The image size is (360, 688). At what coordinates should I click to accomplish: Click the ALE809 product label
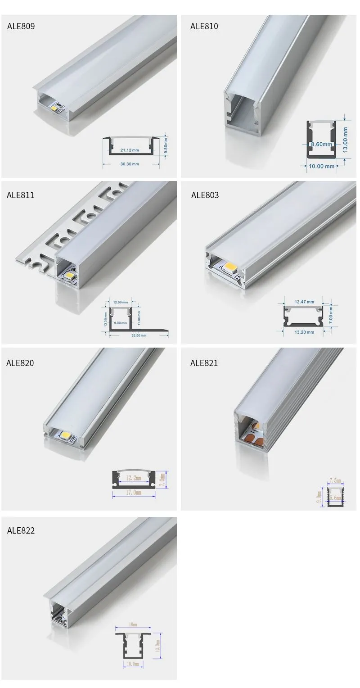(21, 26)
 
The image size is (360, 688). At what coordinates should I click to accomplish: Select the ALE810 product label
(204, 26)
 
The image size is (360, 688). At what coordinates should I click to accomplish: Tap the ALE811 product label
(20, 195)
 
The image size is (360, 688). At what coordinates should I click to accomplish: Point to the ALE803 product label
(205, 195)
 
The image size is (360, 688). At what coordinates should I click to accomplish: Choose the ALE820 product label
(20, 363)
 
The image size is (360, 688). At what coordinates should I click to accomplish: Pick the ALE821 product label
(204, 363)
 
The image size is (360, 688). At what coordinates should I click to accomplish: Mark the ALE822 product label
(21, 530)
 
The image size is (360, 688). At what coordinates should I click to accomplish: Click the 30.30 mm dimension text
(130, 164)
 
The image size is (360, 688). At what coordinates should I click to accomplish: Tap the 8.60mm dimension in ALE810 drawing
(321, 145)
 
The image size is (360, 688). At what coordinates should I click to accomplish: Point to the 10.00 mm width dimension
(321, 166)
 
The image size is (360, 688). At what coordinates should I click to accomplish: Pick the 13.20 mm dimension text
(305, 332)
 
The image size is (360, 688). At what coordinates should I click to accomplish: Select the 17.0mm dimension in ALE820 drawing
(134, 493)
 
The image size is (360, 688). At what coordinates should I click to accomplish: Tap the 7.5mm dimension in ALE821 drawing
(335, 480)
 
